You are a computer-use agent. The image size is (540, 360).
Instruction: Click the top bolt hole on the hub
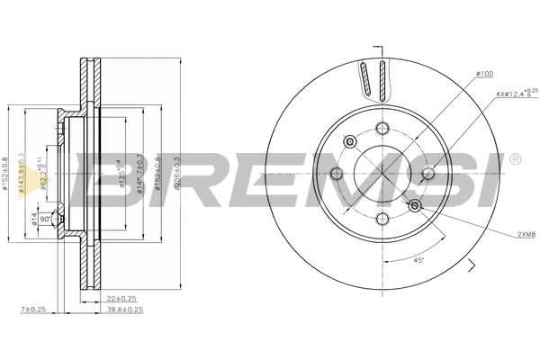382,127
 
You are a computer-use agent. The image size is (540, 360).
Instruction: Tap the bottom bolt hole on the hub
382,220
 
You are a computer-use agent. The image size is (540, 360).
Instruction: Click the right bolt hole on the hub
428,174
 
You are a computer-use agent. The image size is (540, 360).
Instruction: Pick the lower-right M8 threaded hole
415,207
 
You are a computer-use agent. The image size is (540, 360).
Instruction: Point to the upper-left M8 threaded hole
348,140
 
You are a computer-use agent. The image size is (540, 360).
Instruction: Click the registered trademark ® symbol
514,159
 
